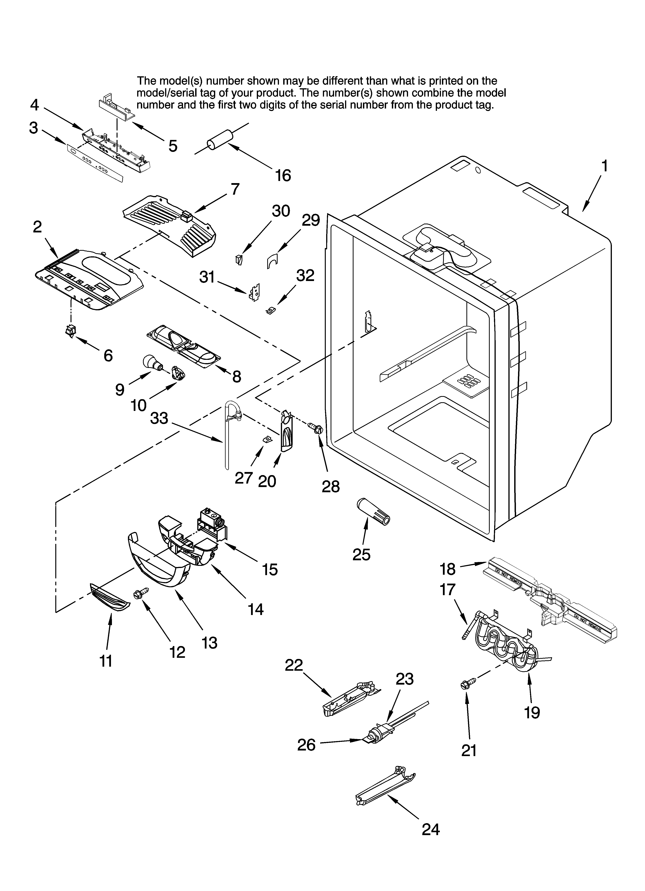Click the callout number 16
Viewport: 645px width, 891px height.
click(283, 176)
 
